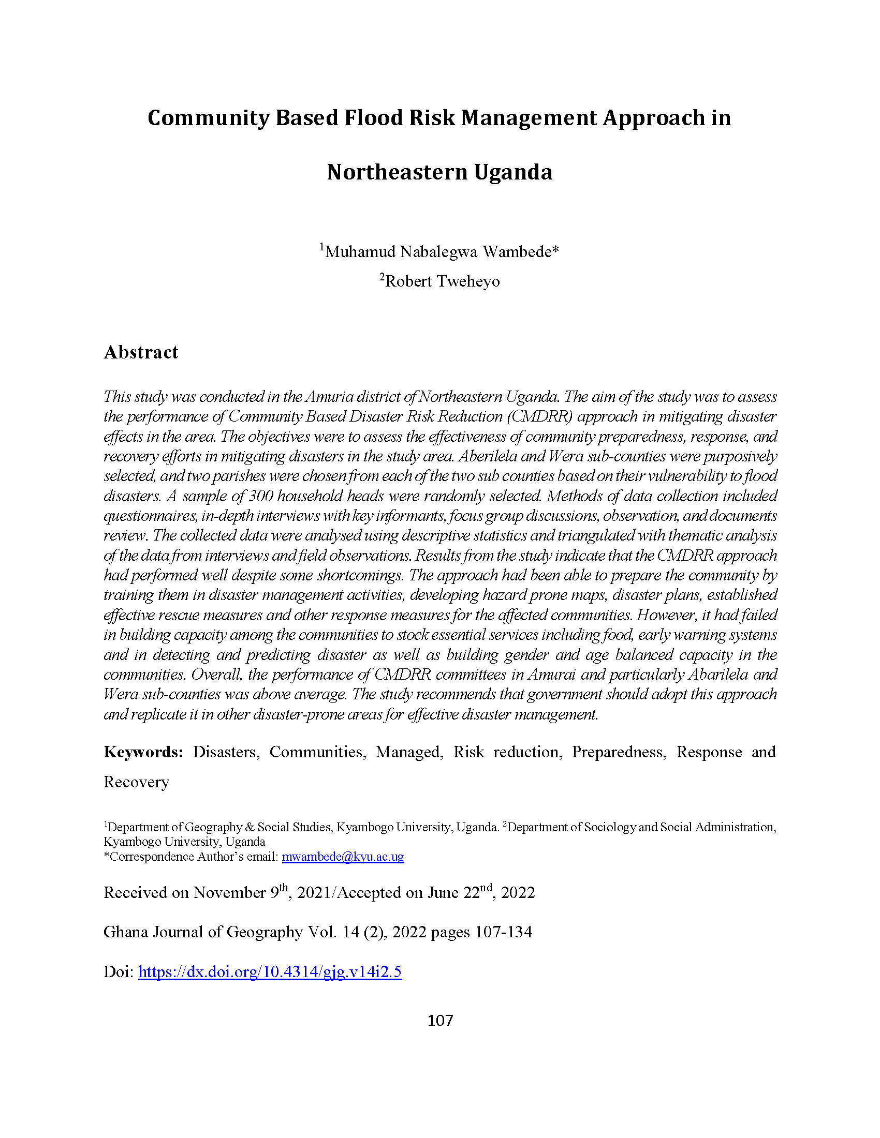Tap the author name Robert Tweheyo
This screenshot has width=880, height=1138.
(442, 281)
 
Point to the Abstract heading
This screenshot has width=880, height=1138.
(141, 352)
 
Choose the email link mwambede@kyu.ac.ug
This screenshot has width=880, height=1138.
(343, 857)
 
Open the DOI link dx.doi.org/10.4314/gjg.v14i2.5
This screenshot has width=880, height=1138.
(270, 972)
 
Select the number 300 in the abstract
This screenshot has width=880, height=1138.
(261, 496)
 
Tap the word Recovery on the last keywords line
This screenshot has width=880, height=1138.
(136, 782)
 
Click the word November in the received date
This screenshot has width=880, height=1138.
(229, 893)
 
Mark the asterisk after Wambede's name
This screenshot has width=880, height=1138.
(556, 251)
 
